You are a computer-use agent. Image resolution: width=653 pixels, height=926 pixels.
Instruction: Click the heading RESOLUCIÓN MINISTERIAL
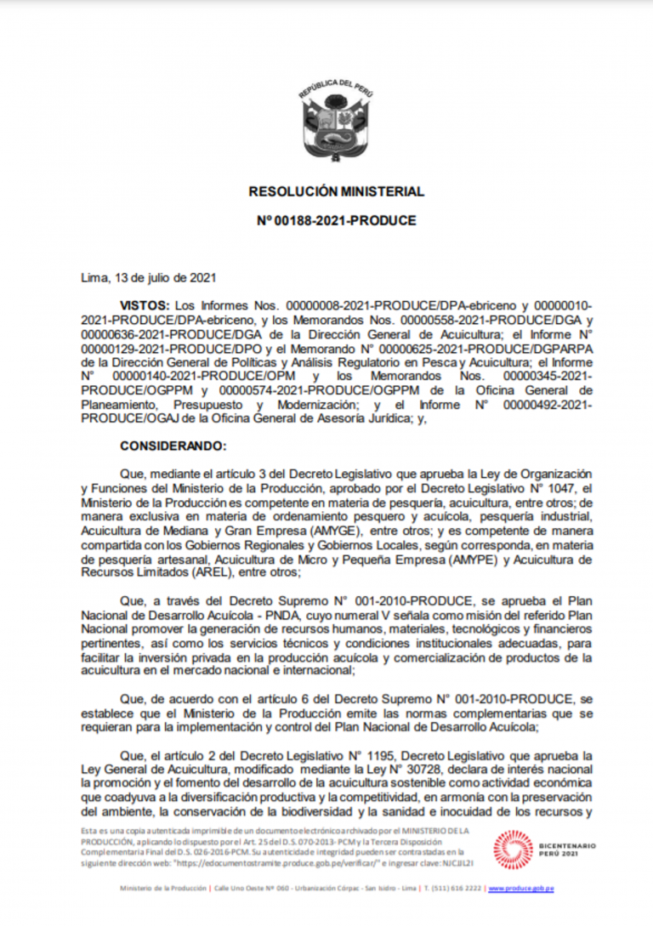(336, 192)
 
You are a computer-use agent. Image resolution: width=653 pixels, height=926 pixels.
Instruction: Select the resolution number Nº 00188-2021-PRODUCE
(336, 220)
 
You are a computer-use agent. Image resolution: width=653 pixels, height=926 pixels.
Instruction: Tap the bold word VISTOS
(145, 304)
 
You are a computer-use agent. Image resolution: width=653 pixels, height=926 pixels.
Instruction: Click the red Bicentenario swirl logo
(514, 850)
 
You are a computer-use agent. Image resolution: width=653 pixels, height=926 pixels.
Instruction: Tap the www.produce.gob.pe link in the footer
(520, 889)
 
